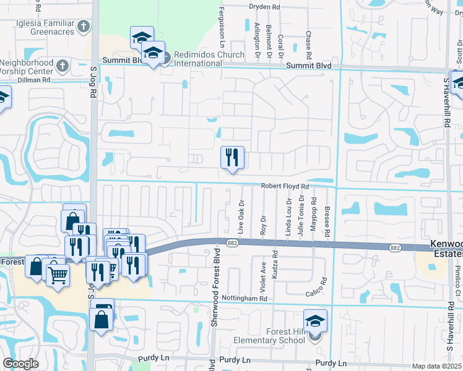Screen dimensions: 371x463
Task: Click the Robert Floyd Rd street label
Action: click(x=284, y=185)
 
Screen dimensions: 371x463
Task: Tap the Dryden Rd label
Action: click(x=264, y=7)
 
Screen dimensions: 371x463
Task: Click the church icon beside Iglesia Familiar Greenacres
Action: click(x=84, y=25)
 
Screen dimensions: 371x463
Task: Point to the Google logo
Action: click(x=20, y=364)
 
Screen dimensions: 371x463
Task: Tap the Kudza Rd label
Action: click(x=275, y=263)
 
